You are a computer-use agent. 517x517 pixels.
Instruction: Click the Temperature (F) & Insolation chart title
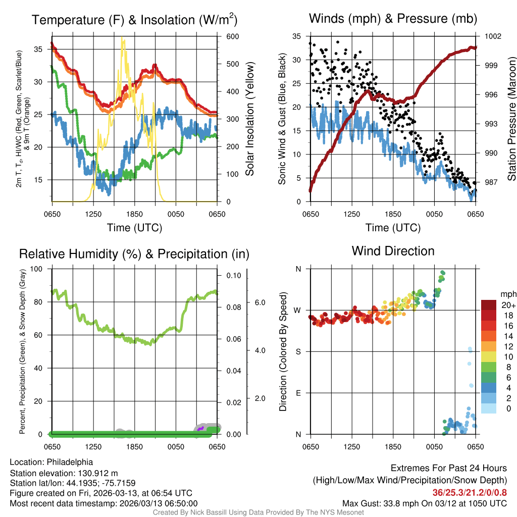[x=134, y=20]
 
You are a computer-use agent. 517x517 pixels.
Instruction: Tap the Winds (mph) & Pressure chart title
[x=393, y=19]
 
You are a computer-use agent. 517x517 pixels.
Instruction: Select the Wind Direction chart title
[x=393, y=251]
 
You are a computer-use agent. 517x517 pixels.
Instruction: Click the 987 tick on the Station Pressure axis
[x=490, y=182]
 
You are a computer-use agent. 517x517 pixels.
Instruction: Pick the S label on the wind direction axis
[x=298, y=351]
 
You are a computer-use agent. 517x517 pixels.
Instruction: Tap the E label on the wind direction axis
[x=298, y=393]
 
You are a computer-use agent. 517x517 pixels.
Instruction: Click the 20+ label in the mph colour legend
[x=507, y=305]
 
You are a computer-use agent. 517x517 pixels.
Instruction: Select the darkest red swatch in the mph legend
[x=489, y=305]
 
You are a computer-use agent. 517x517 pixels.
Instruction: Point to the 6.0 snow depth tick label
[x=259, y=302]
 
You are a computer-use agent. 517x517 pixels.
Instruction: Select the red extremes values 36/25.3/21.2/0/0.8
[x=470, y=492]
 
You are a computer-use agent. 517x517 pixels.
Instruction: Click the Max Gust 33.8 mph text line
[x=424, y=503]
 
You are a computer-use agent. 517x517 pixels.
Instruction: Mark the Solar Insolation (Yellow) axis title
[x=249, y=119]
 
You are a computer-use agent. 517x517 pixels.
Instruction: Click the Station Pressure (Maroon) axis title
[x=511, y=119]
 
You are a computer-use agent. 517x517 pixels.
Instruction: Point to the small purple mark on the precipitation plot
[x=200, y=429]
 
